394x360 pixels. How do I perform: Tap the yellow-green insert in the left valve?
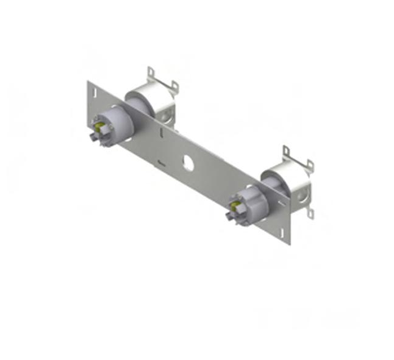coord(98,128)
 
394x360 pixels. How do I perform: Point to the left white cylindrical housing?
coord(146,101)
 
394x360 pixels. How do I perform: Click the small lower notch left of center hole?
coord(160,162)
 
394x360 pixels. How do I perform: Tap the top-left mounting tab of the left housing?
coord(150,75)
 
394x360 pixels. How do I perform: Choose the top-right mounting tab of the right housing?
coord(310,165)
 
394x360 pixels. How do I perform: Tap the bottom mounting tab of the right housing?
coord(310,213)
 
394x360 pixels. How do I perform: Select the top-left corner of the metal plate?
coord(88,81)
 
